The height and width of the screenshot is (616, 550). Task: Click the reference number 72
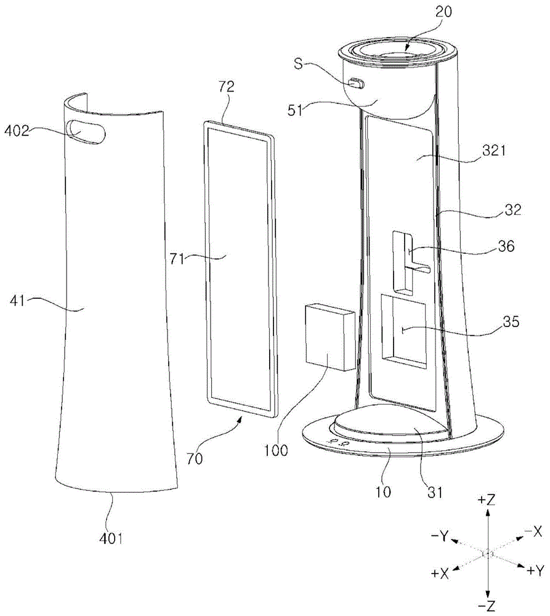click(227, 86)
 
